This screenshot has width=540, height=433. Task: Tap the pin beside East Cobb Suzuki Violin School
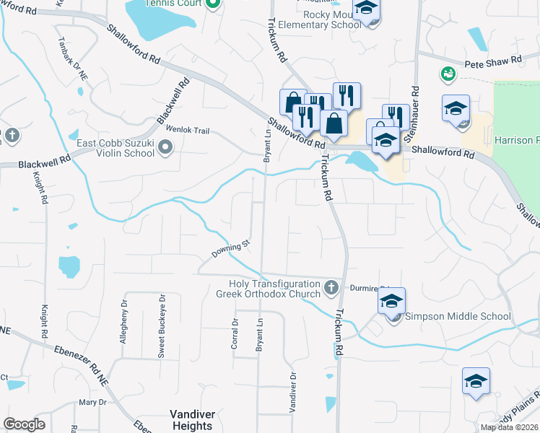[166, 149]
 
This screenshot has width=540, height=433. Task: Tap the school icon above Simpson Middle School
[391, 302]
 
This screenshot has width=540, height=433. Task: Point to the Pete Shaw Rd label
[492, 63]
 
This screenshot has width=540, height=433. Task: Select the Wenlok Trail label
[188, 131]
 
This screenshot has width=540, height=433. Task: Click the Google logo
[24, 424]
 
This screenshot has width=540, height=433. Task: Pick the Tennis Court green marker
[212, 5]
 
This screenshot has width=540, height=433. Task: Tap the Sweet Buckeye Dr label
[162, 326]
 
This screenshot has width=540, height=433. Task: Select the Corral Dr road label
[235, 334]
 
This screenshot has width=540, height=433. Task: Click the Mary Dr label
[92, 402]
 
